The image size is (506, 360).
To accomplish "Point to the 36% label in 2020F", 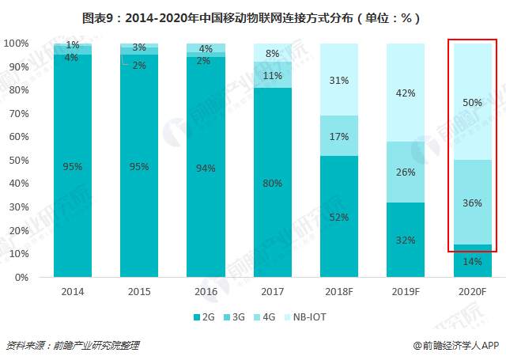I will tap(471, 203).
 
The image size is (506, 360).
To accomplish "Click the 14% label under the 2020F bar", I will tap(471, 260).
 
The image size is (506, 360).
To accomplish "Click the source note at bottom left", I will tap(73, 345).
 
